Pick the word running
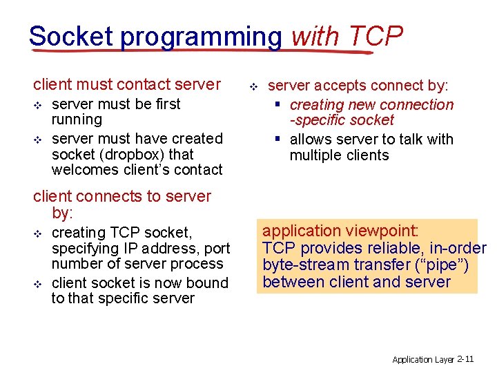(77, 119)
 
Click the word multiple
(316, 155)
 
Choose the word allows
(312, 140)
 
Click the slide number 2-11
(465, 359)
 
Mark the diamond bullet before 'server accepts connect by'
(253, 87)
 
